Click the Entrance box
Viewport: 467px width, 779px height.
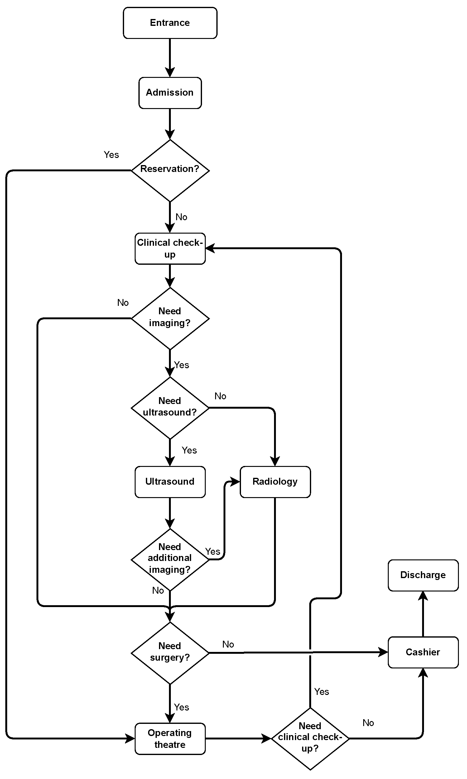pyautogui.click(x=170, y=23)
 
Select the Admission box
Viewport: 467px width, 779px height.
pyautogui.click(x=170, y=93)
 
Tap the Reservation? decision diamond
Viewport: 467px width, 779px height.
pyautogui.click(x=170, y=170)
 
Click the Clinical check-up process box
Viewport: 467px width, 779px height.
pyautogui.click(x=170, y=248)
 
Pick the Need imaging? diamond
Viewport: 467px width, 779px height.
pyautogui.click(x=170, y=318)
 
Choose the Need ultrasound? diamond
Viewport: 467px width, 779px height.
pyautogui.click(x=170, y=407)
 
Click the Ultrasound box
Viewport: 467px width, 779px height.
pyautogui.click(x=170, y=482)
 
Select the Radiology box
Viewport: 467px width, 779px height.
pyautogui.click(x=275, y=482)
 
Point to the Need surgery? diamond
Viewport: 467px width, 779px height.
pyautogui.click(x=170, y=653)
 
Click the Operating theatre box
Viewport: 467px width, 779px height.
pyautogui.click(x=170, y=739)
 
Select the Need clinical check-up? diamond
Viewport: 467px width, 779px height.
pyautogui.click(x=310, y=739)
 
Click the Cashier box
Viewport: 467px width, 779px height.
pyautogui.click(x=423, y=652)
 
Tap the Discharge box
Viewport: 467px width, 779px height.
pyautogui.click(x=423, y=575)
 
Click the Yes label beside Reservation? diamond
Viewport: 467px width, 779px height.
pyautogui.click(x=111, y=155)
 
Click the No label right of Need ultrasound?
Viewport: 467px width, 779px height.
pyautogui.click(x=220, y=396)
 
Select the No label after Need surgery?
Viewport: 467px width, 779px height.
pyautogui.click(x=228, y=644)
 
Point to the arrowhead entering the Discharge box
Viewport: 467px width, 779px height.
pyautogui.click(x=423, y=596)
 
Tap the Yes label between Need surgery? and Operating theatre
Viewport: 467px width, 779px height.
pyautogui.click(x=181, y=707)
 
